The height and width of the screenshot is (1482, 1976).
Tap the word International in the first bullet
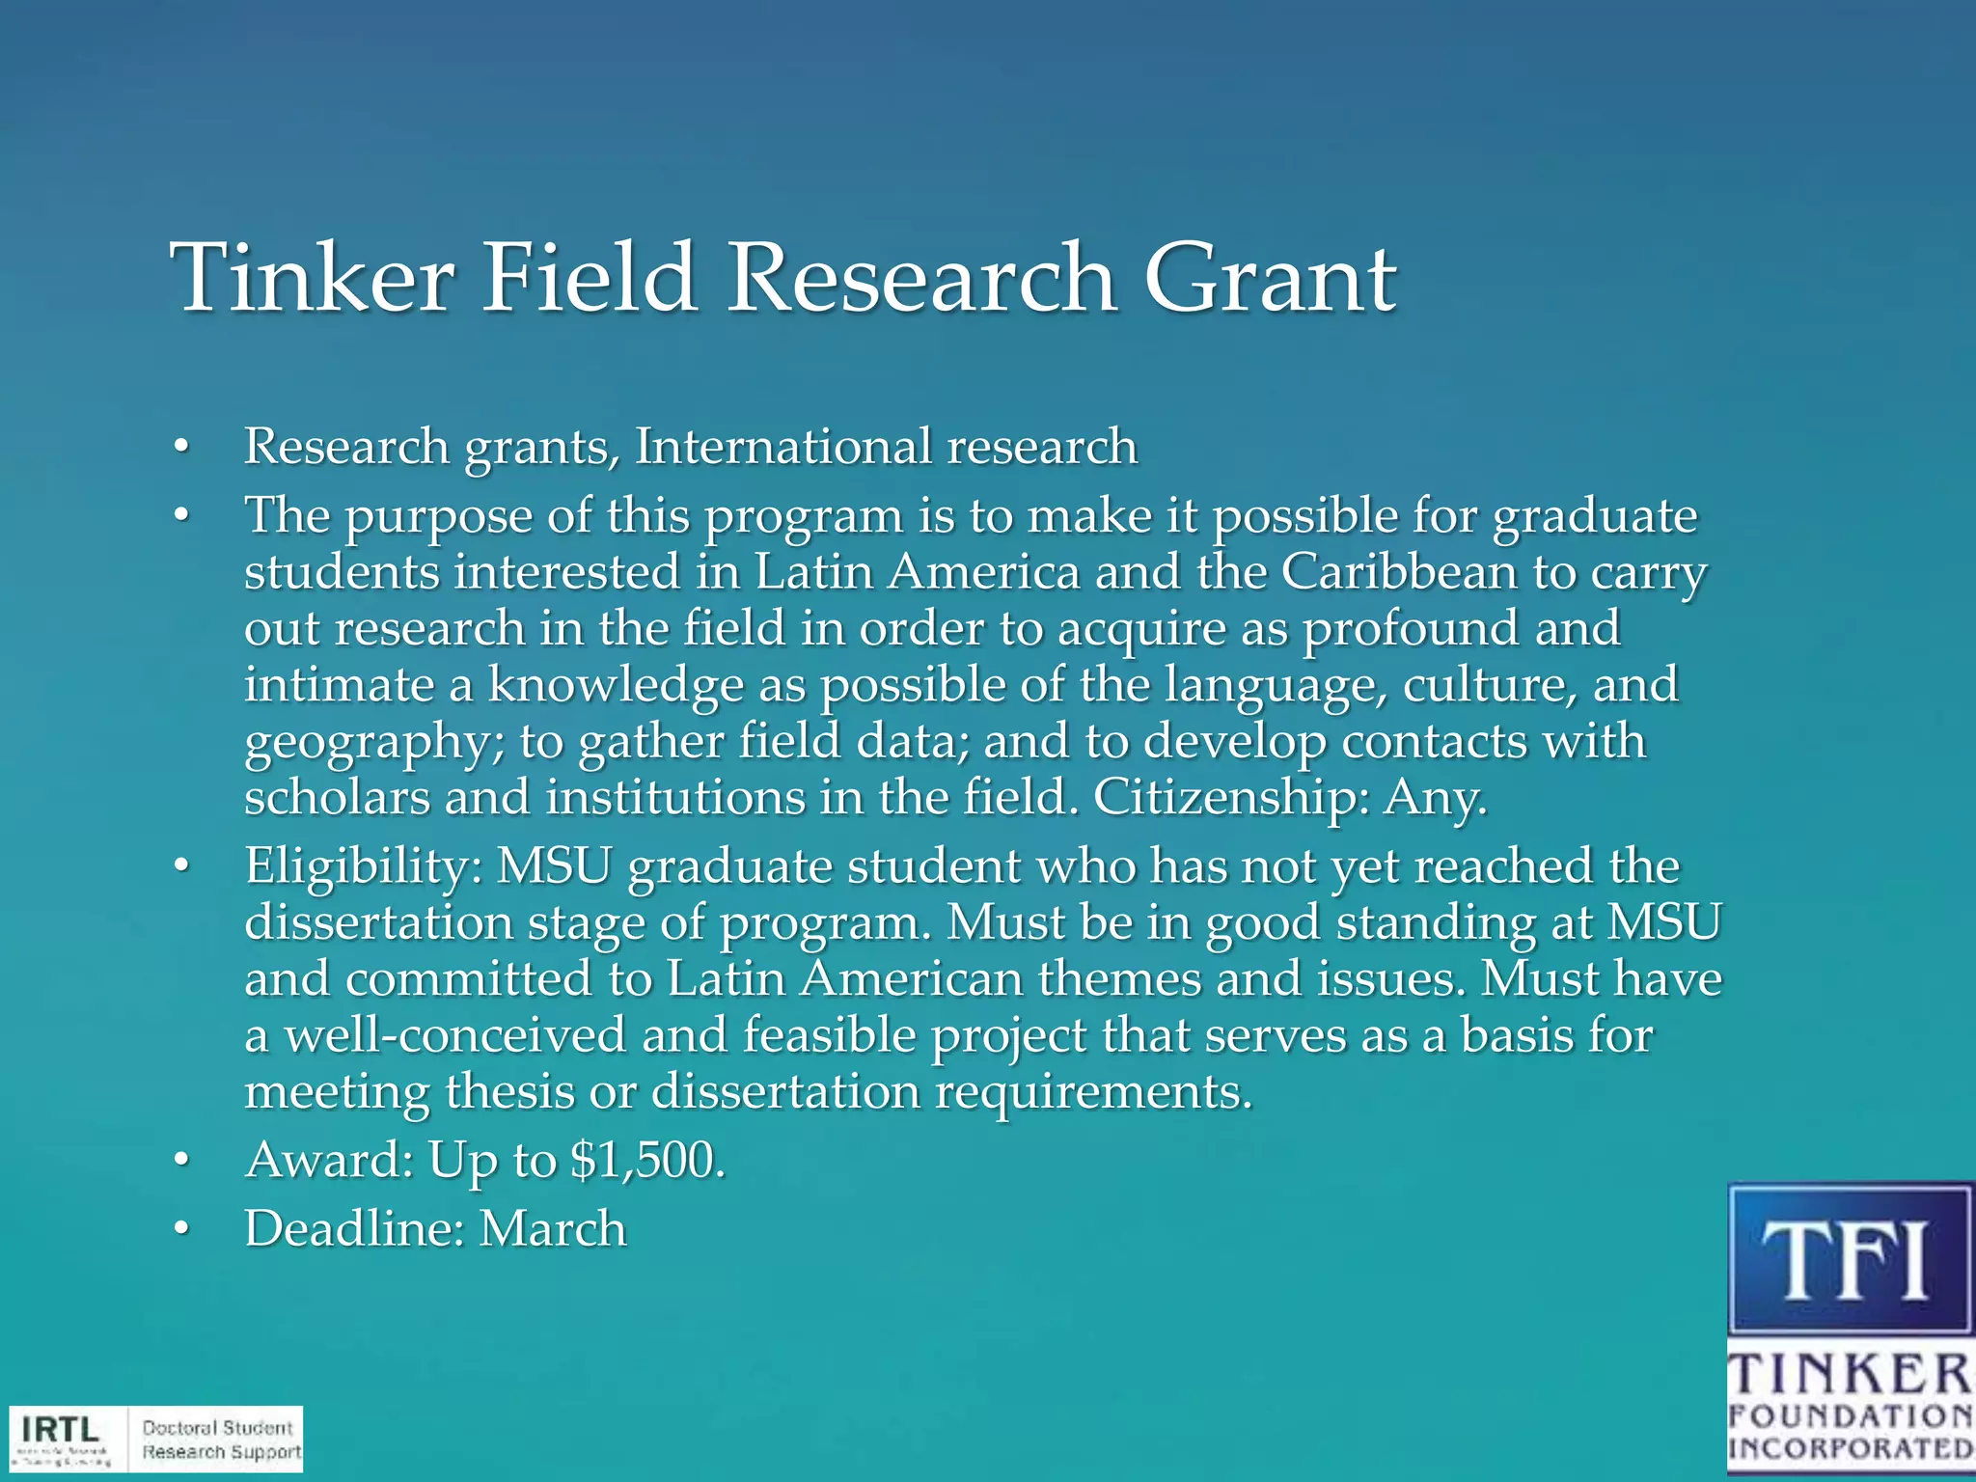coord(782,447)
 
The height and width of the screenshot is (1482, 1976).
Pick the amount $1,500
coord(646,1160)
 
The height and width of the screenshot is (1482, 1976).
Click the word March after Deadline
coord(553,1229)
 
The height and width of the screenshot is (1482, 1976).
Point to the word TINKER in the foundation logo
coord(1850,1374)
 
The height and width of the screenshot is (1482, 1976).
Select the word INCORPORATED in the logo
coord(1850,1448)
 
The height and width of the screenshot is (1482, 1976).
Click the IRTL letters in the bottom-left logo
coord(60,1428)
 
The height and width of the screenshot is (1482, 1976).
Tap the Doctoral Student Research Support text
coord(221,1440)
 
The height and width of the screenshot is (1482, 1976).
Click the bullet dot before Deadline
coord(180,1229)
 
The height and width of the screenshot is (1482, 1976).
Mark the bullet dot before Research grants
coord(180,447)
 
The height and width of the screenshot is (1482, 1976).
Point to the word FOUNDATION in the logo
coord(1850,1416)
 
